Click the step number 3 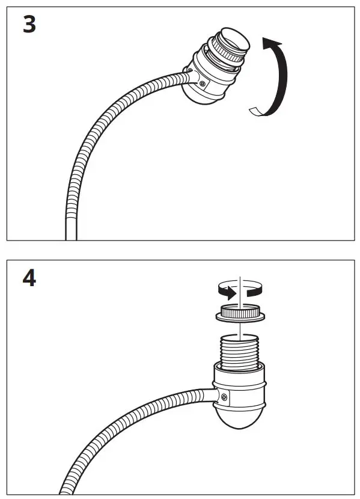coord(29,26)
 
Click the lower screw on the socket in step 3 coord(204,82)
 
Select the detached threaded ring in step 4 coord(239,313)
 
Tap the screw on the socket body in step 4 coord(224,396)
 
